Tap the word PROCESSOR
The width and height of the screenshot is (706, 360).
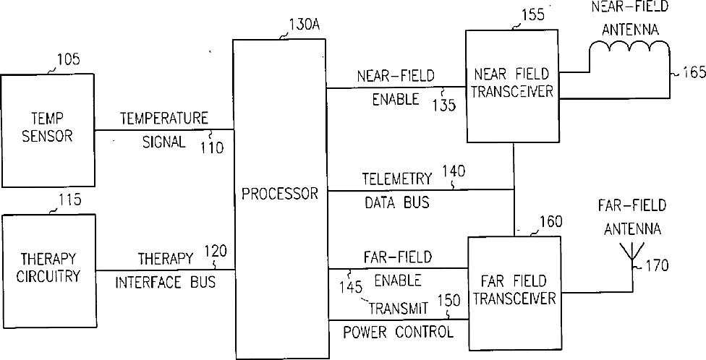point(279,194)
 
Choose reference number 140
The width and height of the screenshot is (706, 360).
point(456,171)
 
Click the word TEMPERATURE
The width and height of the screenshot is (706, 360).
point(164,117)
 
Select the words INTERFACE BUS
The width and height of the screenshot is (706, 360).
point(166,283)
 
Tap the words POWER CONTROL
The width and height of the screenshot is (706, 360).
point(398,333)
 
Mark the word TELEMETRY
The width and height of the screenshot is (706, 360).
point(396,179)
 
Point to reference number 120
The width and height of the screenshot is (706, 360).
point(216,251)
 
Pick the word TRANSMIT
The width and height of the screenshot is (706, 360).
point(399,309)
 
